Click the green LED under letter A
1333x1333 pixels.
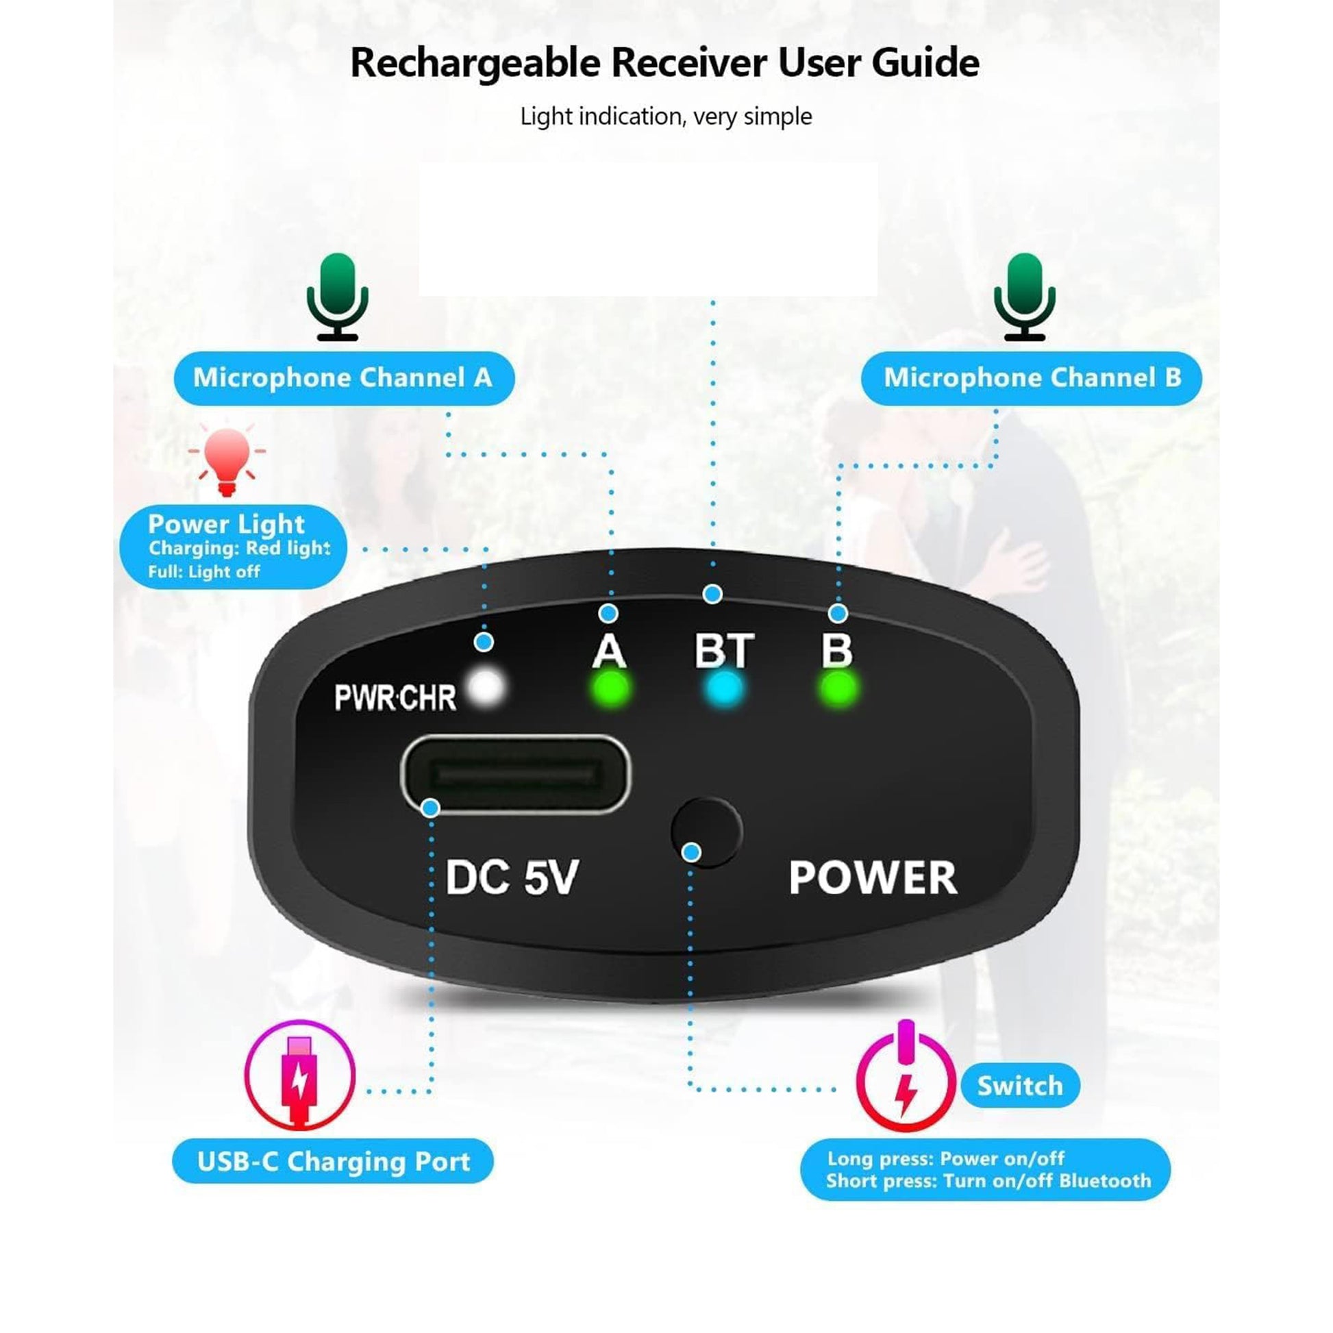pyautogui.click(x=610, y=688)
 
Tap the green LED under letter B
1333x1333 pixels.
pyautogui.click(x=838, y=688)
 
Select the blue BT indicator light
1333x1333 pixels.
pyautogui.click(x=723, y=688)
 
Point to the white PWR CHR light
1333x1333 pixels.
pyautogui.click(x=486, y=687)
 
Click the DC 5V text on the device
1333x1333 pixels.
pyautogui.click(x=511, y=877)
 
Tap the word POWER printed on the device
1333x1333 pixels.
pyautogui.click(x=873, y=877)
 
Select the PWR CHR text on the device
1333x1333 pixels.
pyautogui.click(x=395, y=697)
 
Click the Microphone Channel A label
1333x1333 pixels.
pyautogui.click(x=344, y=378)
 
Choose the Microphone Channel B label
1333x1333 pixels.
pyautogui.click(x=1032, y=378)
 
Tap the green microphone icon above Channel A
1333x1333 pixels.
pyautogui.click(x=338, y=297)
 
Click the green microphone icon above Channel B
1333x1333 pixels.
pyautogui.click(x=1025, y=297)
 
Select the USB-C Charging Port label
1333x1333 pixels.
pyautogui.click(x=333, y=1161)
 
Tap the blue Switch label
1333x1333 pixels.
pyautogui.click(x=1021, y=1086)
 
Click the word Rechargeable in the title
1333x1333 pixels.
pyautogui.click(x=475, y=63)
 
